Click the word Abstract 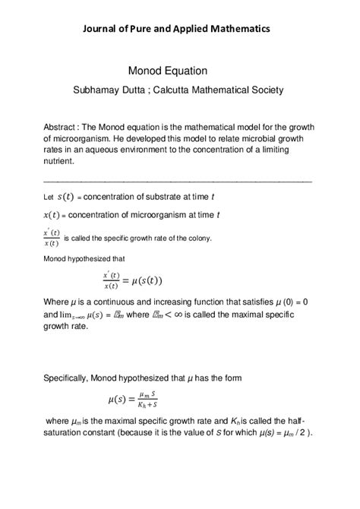point(61,127)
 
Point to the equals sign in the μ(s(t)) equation point(125,280)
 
